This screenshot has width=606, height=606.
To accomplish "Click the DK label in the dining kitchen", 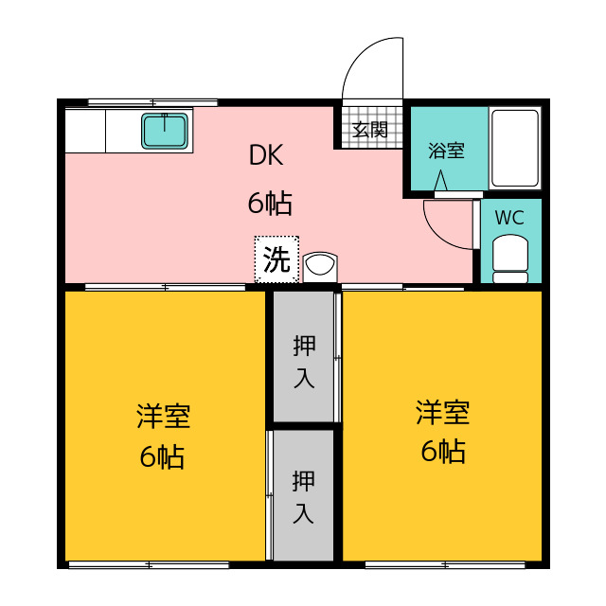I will click(266, 157).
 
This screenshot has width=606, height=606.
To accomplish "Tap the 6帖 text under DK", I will click(269, 203).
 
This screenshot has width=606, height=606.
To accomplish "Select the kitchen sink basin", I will click(167, 131).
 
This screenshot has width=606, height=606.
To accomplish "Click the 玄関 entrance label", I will click(370, 131).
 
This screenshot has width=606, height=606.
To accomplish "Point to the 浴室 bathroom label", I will click(446, 151).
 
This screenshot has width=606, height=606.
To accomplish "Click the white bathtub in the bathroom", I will click(514, 148).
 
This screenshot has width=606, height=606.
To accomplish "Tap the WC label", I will click(509, 217).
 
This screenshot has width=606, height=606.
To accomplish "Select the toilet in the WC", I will click(511, 258).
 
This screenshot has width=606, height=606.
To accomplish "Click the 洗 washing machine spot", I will click(276, 259).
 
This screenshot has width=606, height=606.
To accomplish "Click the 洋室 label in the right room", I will click(442, 412).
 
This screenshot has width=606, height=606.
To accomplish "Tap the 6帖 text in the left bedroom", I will click(163, 457).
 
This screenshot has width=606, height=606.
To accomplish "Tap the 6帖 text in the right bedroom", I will click(442, 452).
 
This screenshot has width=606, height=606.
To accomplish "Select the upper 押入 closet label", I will click(304, 360).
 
